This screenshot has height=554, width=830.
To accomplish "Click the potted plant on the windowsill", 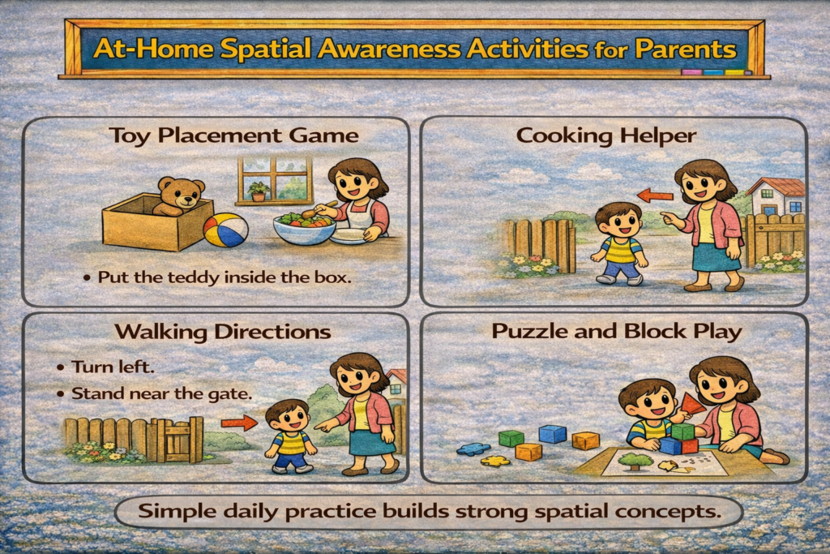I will pos(258,191).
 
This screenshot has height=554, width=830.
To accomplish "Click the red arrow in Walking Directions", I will pos(238,422).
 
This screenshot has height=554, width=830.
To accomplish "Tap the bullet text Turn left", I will pos(113,367).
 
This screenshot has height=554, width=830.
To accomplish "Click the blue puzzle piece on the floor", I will pos(472,447).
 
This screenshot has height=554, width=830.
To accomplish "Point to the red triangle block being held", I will pos(691,403).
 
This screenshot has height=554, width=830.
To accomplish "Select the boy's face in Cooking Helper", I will pos(618,221).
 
